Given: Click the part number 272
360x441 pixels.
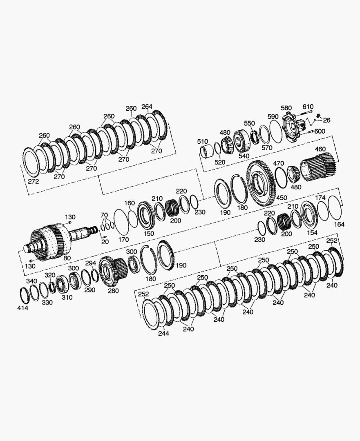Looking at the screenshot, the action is click(x=33, y=181).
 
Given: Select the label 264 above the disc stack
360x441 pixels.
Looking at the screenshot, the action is click(x=147, y=107).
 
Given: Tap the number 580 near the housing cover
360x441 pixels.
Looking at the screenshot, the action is click(x=286, y=108).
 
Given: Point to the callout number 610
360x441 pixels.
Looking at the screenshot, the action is click(x=308, y=107).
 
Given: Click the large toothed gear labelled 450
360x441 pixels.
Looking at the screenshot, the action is click(x=260, y=183).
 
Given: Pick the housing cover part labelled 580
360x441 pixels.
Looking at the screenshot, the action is click(x=294, y=127).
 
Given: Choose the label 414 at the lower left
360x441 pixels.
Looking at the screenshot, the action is click(x=22, y=308).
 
